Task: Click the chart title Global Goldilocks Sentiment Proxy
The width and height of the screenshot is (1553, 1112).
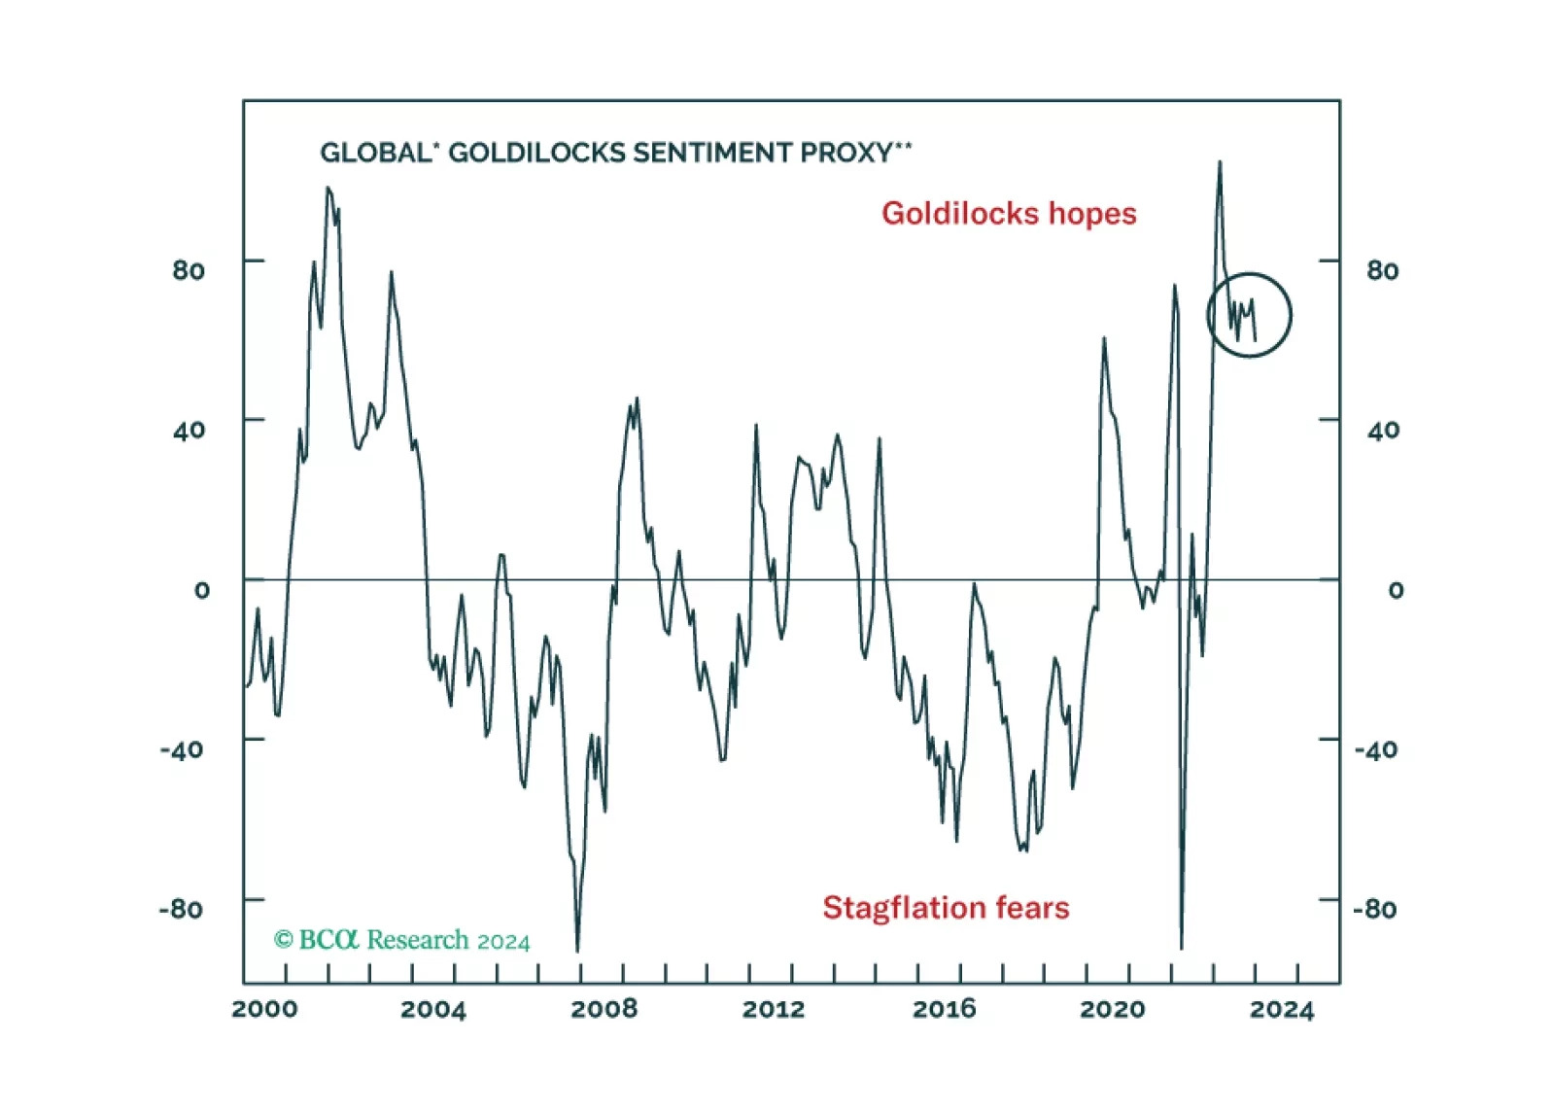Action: (615, 153)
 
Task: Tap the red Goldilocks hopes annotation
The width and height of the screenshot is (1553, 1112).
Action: (1009, 214)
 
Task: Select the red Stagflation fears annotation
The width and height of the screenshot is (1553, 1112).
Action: (946, 908)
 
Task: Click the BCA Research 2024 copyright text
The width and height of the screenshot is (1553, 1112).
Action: (401, 940)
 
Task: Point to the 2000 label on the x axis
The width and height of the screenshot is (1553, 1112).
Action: (264, 1009)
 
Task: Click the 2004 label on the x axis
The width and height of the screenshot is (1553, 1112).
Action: (433, 1009)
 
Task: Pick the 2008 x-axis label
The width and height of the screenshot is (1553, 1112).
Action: (604, 1009)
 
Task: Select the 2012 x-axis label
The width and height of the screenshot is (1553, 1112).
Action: (774, 1009)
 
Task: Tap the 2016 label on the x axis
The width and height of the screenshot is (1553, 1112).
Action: (944, 1009)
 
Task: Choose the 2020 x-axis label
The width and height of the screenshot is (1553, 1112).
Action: (1113, 1009)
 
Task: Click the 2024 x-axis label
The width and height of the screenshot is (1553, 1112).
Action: (1282, 1009)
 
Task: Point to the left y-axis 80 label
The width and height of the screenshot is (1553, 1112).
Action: (189, 270)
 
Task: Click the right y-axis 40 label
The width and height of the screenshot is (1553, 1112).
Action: (1383, 430)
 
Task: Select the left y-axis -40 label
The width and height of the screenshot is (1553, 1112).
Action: (182, 749)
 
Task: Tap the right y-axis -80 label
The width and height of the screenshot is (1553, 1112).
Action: (1375, 909)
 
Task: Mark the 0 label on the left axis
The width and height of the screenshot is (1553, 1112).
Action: (201, 590)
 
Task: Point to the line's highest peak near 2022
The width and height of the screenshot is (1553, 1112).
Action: (1220, 162)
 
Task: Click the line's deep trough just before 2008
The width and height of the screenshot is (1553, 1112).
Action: (577, 950)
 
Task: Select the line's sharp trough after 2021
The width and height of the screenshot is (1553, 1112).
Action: (1182, 947)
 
